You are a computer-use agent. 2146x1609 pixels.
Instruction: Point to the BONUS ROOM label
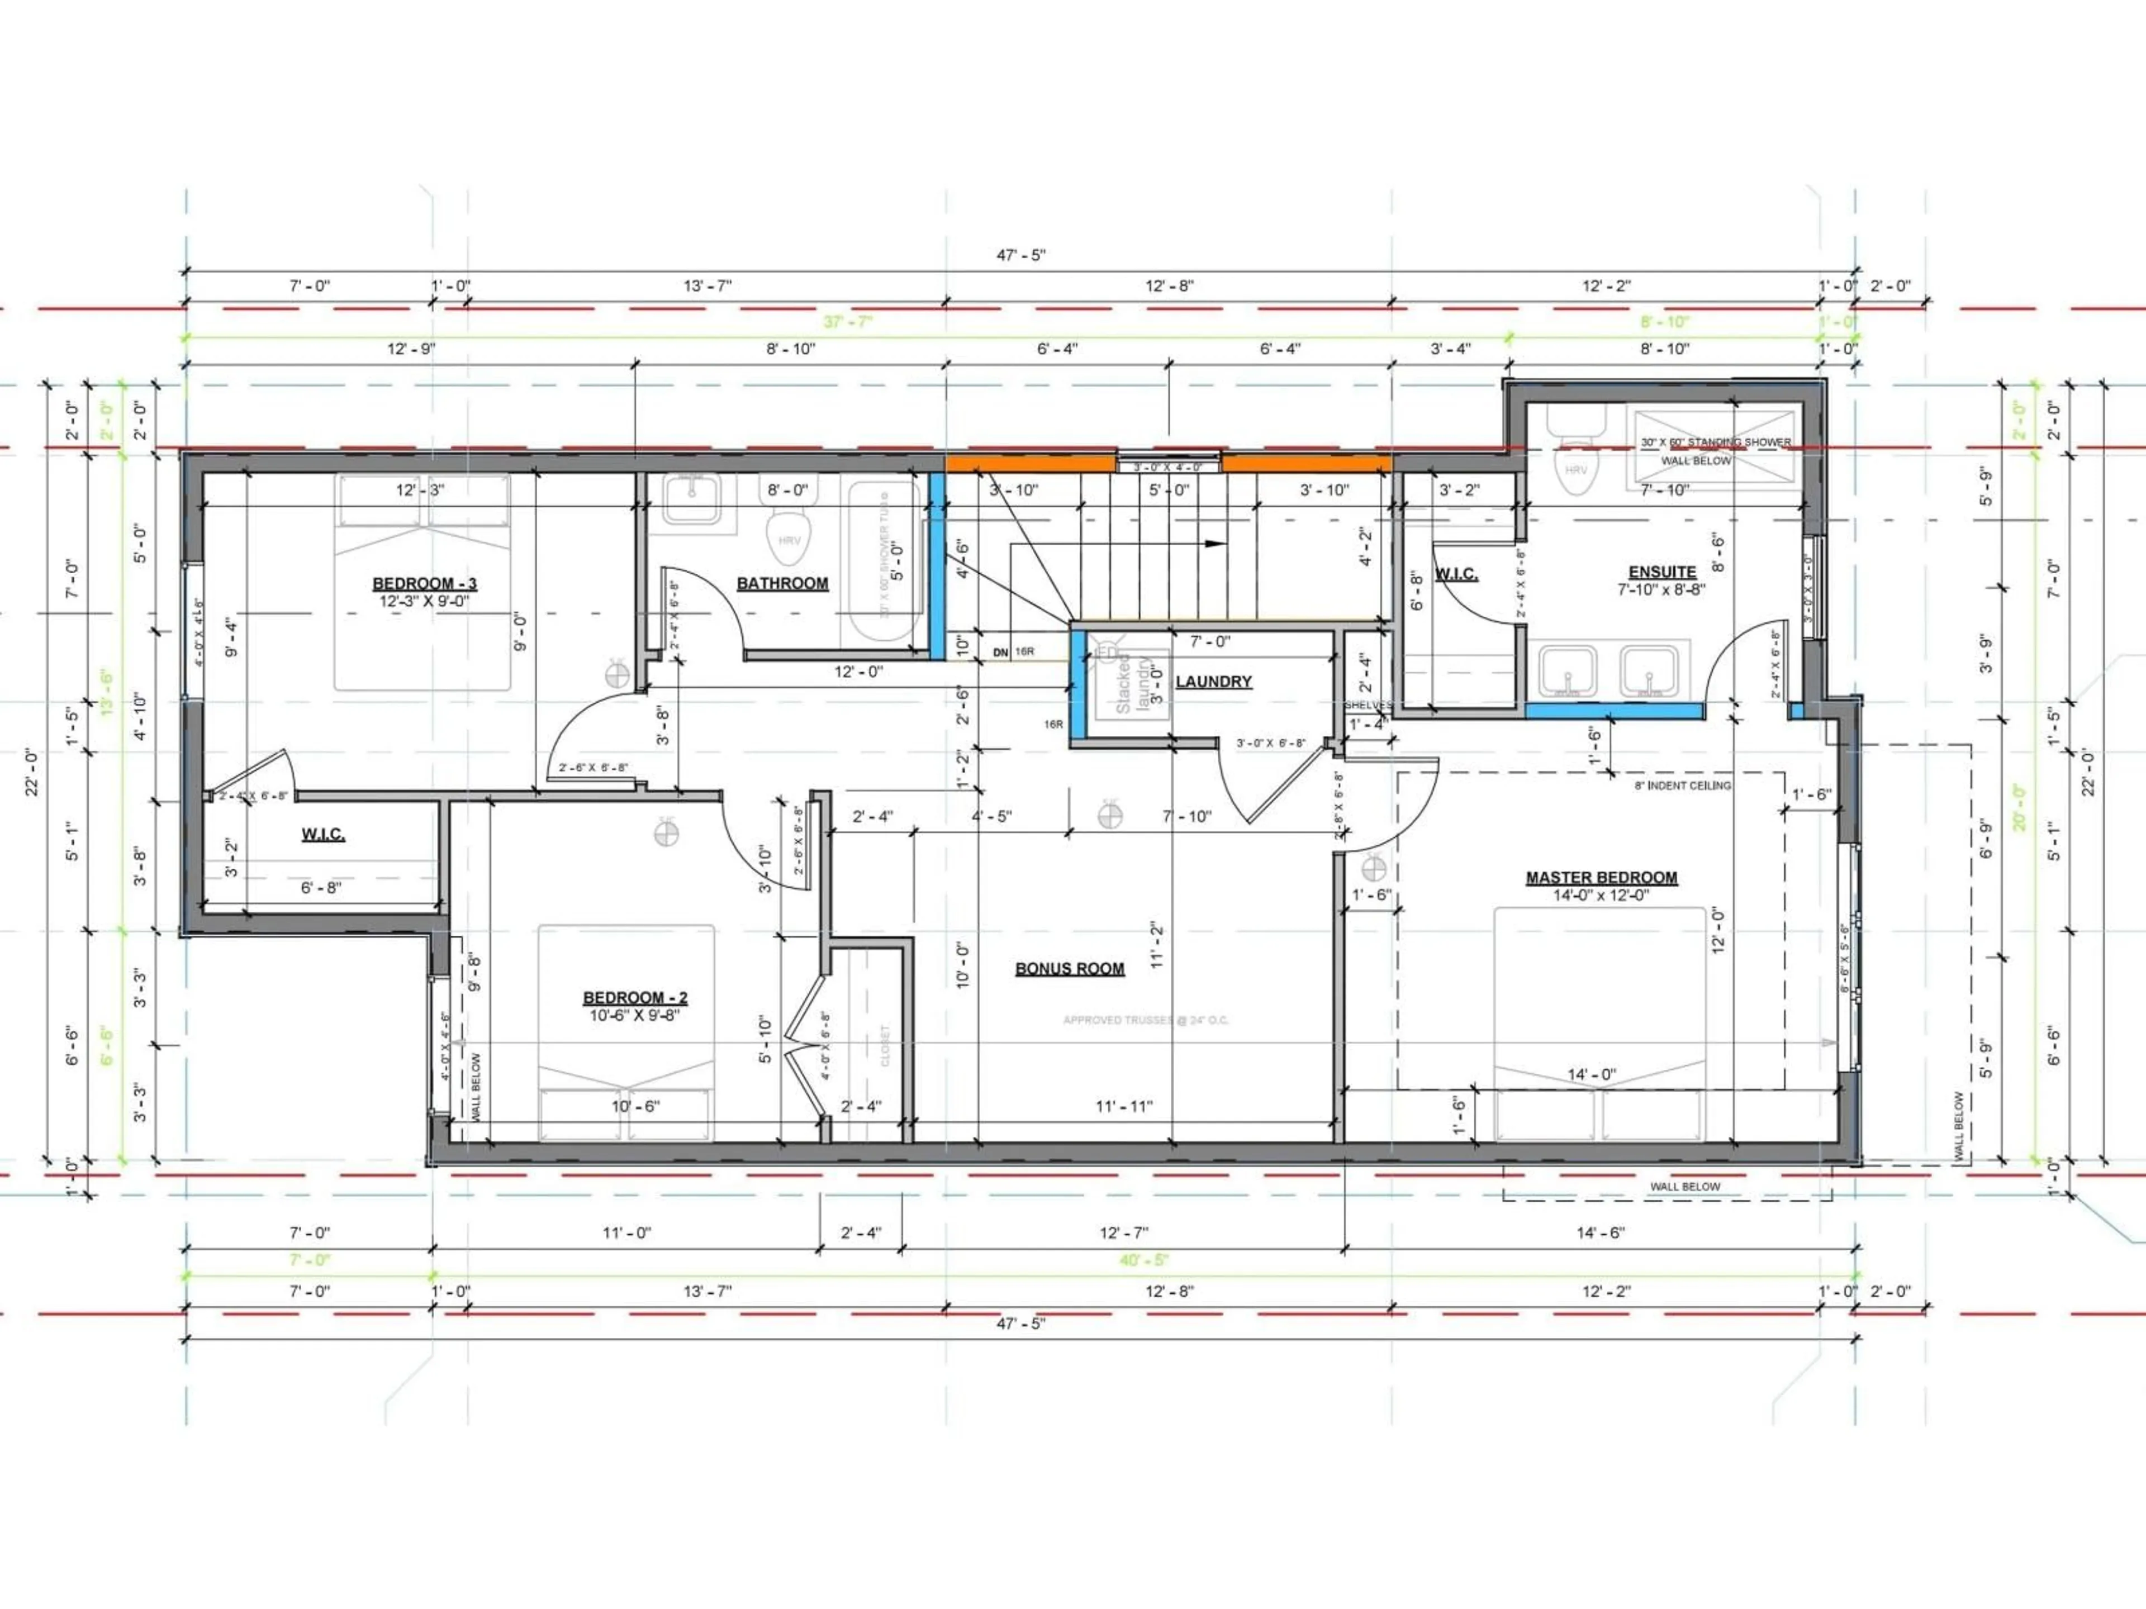point(1069,968)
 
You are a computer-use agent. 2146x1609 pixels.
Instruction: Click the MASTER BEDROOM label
point(1601,878)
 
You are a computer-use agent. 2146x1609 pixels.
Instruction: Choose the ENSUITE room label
point(1662,572)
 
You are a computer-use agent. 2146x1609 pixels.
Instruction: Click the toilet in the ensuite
point(1575,456)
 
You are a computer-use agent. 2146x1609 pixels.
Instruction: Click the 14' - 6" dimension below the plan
point(1600,1232)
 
